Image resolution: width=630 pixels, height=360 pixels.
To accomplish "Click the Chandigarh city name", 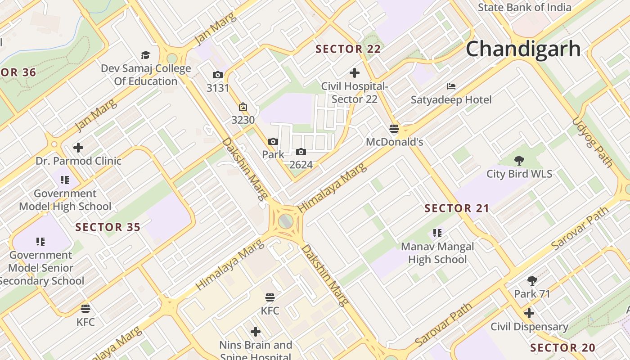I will [523, 49].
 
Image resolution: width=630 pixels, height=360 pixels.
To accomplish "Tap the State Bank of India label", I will [524, 7].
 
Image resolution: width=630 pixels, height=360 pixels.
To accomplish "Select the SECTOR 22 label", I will [348, 49].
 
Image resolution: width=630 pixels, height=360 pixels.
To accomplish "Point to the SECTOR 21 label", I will [457, 208].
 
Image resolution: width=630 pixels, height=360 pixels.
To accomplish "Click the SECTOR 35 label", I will [108, 227].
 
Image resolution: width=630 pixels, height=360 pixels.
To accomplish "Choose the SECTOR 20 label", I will [562, 348].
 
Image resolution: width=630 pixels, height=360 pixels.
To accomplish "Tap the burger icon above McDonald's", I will [394, 129].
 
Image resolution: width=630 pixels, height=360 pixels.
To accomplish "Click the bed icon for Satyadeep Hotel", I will [451, 86].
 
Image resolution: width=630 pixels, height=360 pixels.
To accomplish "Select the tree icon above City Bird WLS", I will [519, 160].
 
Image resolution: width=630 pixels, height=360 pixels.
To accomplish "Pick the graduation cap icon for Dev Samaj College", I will [145, 55].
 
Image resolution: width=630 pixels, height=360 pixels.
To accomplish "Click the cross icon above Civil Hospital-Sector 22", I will [355, 72].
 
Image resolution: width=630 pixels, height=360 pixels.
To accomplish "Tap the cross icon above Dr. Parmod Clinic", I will [78, 147].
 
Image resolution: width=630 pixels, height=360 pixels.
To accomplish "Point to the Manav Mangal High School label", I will [437, 253].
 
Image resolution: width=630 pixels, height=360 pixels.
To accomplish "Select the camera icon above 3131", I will [218, 75].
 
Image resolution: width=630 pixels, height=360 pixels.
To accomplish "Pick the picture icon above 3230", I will [243, 107].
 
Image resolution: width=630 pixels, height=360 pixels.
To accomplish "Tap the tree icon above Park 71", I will [532, 281].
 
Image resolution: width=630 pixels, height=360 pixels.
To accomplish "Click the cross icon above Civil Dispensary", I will [529, 313].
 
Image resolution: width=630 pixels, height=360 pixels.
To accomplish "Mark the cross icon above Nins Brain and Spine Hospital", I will [256, 332].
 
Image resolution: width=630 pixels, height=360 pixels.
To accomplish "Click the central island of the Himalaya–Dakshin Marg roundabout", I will [285, 221].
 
